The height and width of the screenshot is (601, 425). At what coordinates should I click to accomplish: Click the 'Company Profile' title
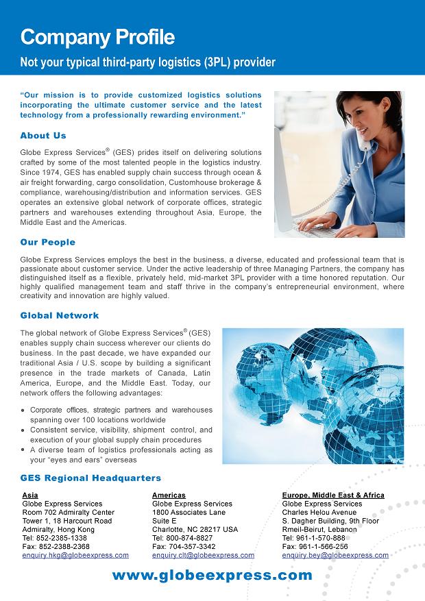(97, 36)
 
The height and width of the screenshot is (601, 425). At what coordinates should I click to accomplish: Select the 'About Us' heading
(43, 136)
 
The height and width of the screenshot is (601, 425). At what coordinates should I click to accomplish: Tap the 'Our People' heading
(48, 242)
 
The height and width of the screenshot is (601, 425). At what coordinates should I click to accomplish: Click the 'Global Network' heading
(60, 315)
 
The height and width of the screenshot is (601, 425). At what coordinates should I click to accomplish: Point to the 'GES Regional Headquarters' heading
(90, 478)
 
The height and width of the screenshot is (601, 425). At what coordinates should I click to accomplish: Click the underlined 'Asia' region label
(30, 495)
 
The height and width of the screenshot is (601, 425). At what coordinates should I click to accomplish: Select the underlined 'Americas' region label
(169, 495)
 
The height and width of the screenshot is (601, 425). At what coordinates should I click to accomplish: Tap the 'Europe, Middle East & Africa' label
(333, 495)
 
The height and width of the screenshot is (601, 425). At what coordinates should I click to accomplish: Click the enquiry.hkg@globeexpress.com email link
(75, 555)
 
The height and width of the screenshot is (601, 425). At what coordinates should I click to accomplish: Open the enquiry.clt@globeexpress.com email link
(203, 555)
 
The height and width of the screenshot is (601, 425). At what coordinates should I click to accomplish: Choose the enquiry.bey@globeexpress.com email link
(335, 555)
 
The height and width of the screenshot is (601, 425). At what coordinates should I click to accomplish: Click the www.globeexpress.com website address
(212, 576)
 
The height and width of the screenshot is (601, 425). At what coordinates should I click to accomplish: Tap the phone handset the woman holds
(364, 140)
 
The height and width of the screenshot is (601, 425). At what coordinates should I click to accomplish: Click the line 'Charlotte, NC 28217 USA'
(195, 530)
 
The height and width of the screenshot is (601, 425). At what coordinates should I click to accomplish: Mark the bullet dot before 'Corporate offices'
(24, 410)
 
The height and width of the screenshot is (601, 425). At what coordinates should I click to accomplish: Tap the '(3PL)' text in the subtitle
(217, 62)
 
